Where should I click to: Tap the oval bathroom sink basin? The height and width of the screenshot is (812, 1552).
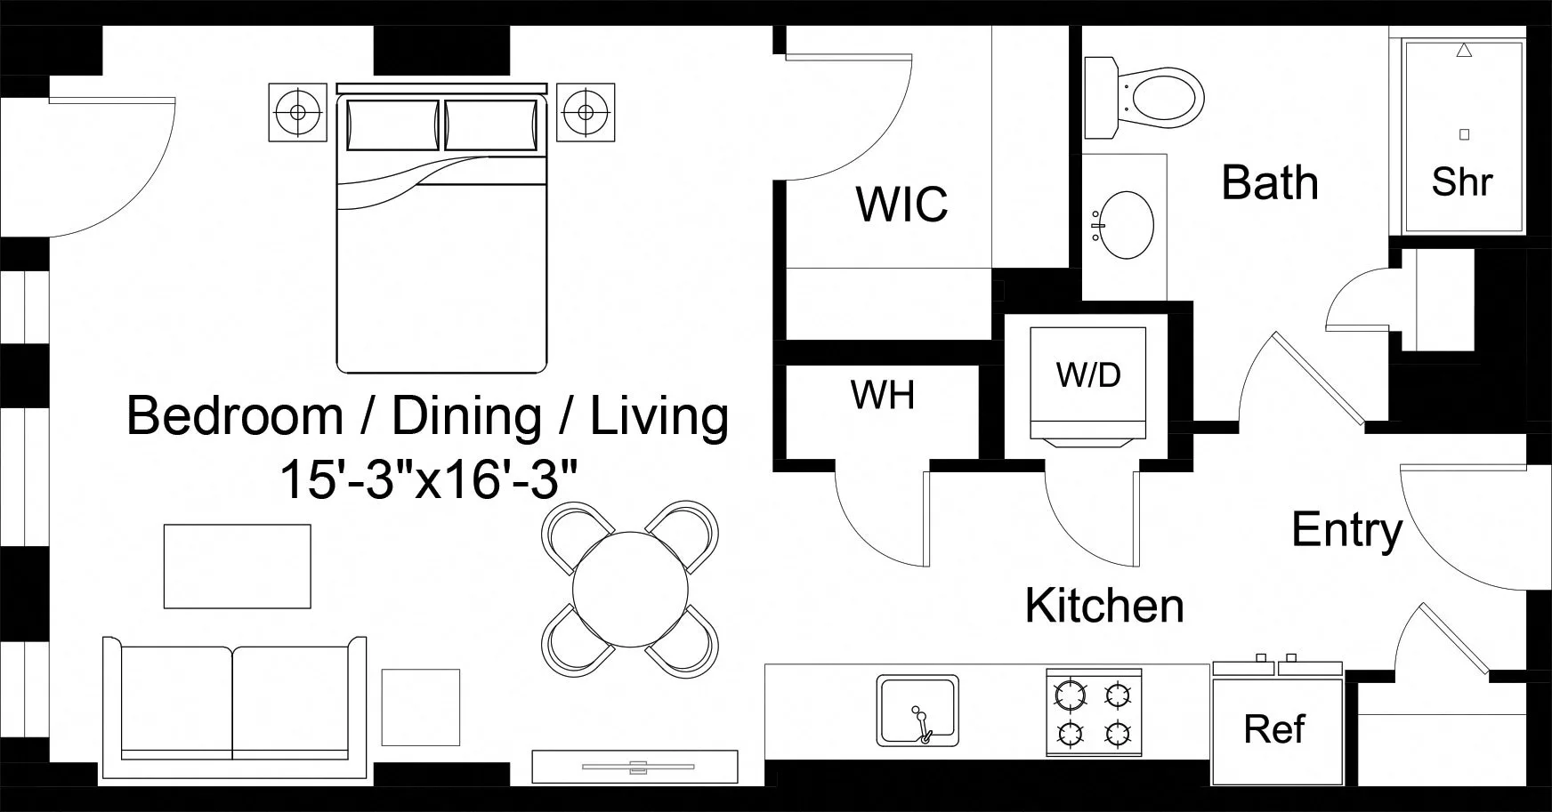pyautogui.click(x=1126, y=224)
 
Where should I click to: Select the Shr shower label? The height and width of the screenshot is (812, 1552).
pyautogui.click(x=1461, y=182)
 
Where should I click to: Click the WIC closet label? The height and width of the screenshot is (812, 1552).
pyautogui.click(x=901, y=205)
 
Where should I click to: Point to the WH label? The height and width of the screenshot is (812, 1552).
pyautogui.click(x=882, y=395)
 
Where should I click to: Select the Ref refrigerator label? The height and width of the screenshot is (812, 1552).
pyautogui.click(x=1274, y=729)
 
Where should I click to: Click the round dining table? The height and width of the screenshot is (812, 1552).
pyautogui.click(x=630, y=588)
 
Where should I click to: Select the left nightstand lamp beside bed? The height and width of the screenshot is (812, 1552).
pyautogui.click(x=297, y=112)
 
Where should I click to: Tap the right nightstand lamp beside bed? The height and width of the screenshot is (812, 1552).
pyautogui.click(x=585, y=112)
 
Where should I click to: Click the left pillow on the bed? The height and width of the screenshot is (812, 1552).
pyautogui.click(x=392, y=125)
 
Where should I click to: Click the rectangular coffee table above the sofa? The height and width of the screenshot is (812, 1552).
pyautogui.click(x=237, y=567)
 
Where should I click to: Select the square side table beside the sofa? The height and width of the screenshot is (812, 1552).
pyautogui.click(x=421, y=707)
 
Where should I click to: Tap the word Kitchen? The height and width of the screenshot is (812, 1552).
pyautogui.click(x=1103, y=606)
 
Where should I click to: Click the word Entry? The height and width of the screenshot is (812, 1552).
pyautogui.click(x=1346, y=530)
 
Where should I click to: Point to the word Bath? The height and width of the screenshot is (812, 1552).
pyautogui.click(x=1269, y=182)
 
